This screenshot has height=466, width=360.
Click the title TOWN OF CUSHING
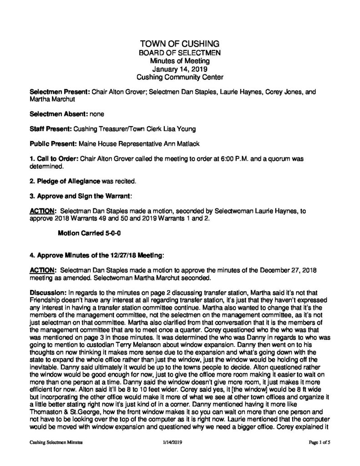[180, 44]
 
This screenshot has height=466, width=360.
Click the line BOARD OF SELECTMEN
[180, 53]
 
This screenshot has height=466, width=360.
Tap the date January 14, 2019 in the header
[180, 70]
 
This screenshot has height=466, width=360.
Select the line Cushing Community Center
[180, 78]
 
